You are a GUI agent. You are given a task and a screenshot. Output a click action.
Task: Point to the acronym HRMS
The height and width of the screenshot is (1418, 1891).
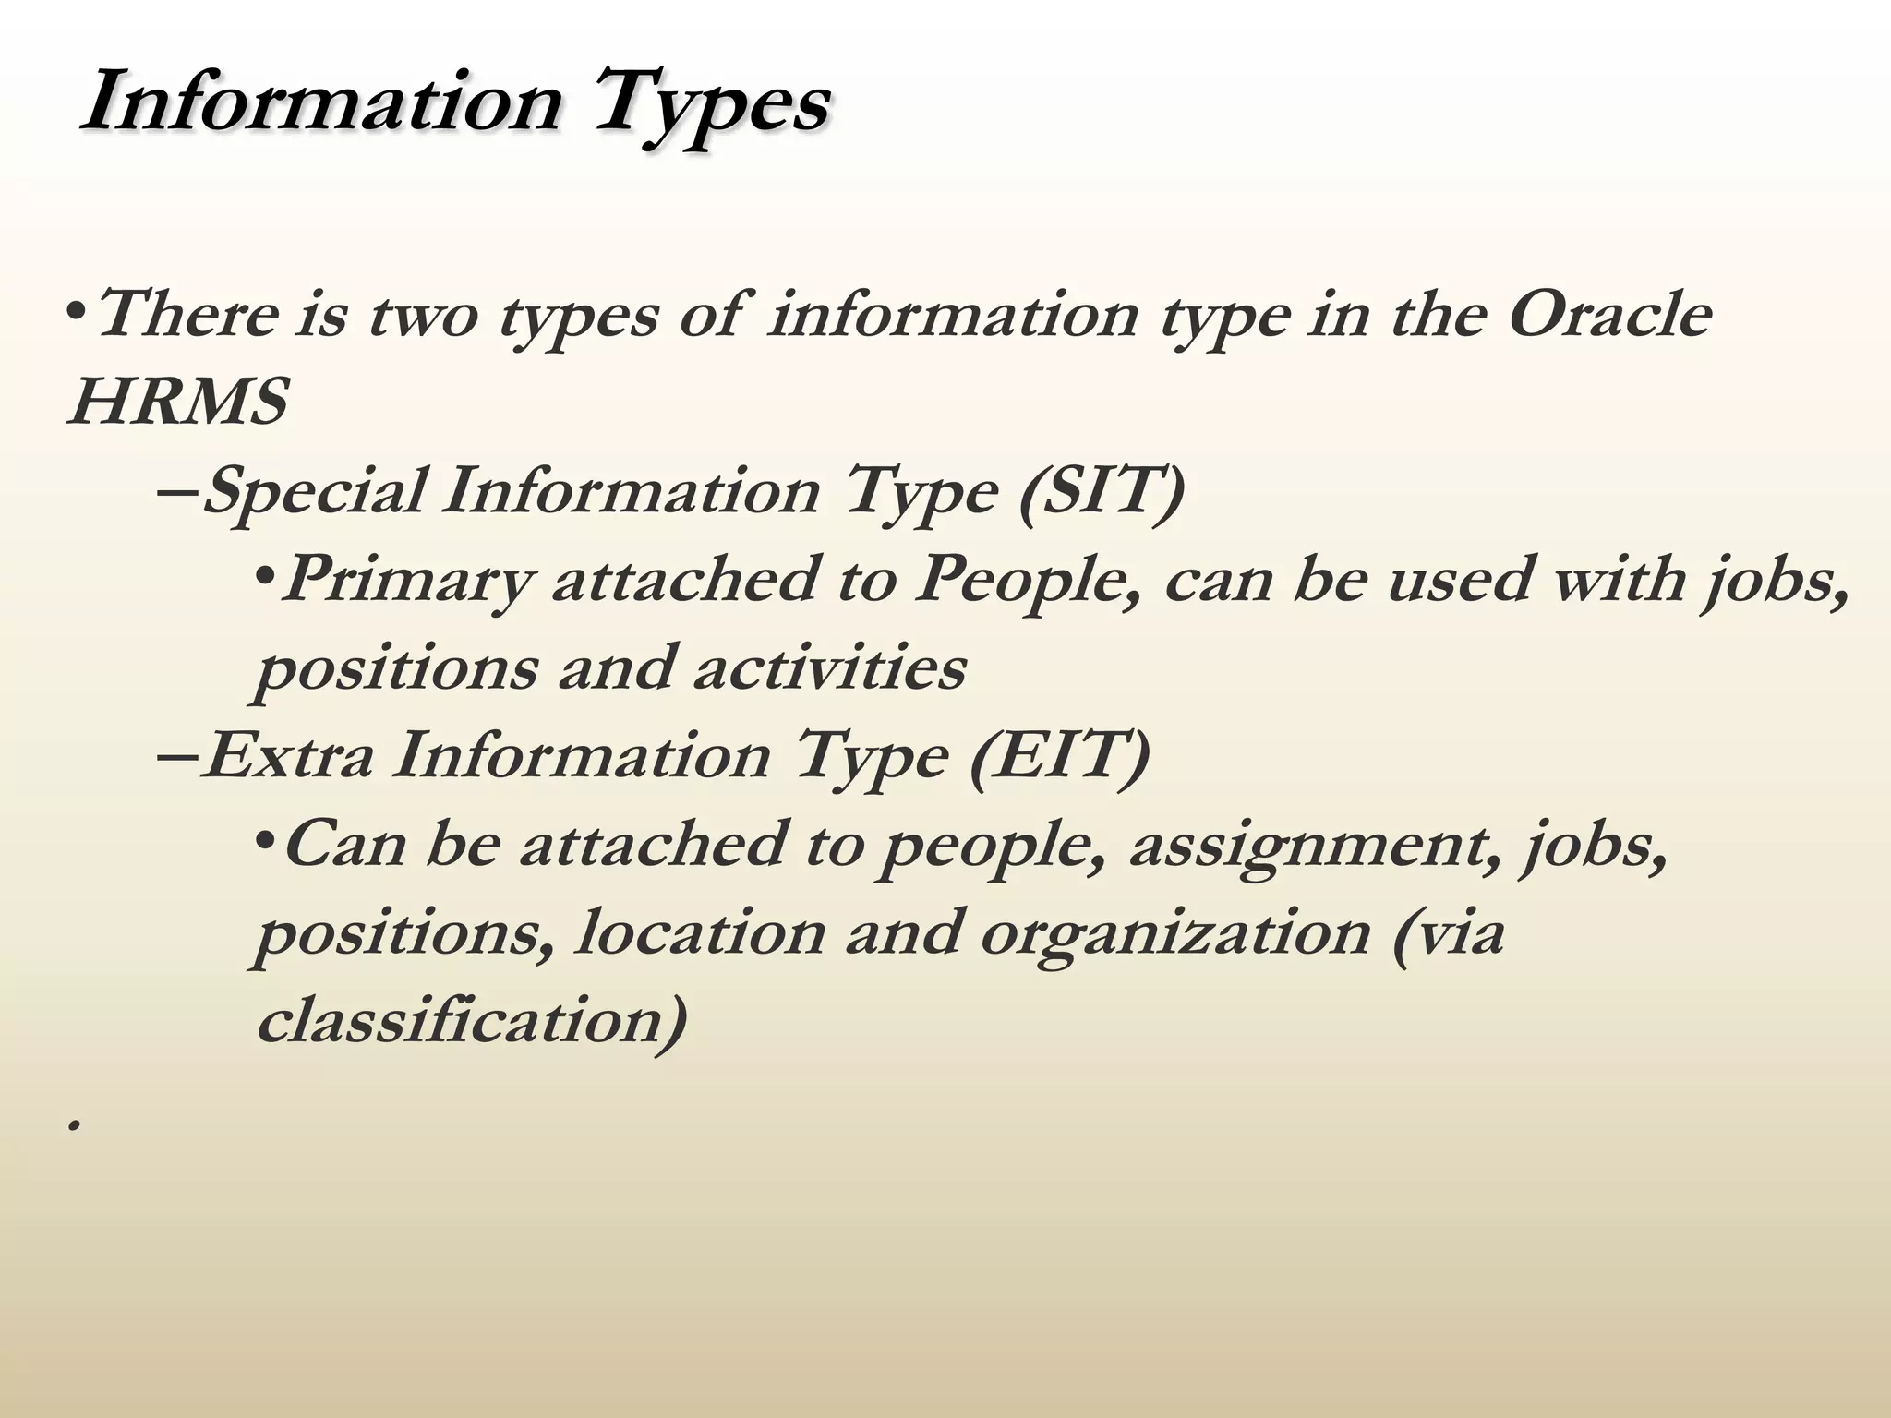point(178,403)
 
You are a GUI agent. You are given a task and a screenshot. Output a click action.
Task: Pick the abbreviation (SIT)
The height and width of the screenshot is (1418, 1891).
point(1101,491)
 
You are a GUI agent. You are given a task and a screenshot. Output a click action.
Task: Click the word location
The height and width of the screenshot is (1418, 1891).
point(699,933)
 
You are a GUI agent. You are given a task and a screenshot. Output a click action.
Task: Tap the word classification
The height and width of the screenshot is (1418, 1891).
point(472,1021)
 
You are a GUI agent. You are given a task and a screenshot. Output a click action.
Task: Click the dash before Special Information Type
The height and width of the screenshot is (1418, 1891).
point(178,491)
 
